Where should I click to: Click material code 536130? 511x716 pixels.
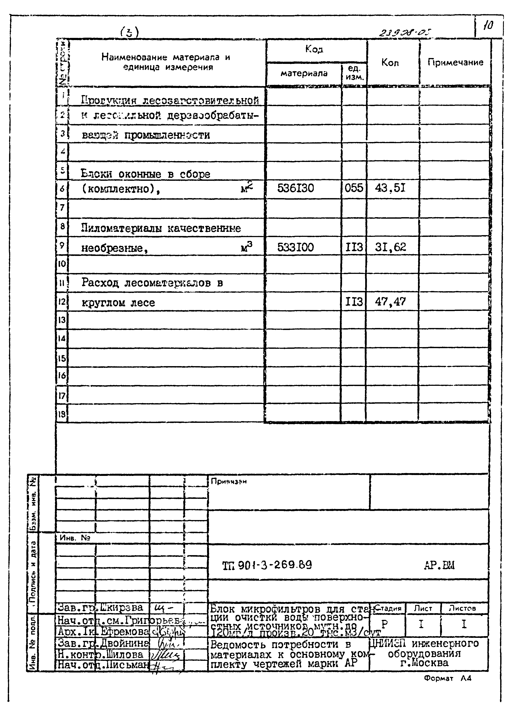click(295, 188)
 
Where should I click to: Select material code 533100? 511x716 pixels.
click(295, 247)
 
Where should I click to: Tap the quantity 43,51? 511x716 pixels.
click(390, 188)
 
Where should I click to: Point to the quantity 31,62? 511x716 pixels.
click(390, 247)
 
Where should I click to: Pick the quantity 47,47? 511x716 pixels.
click(390, 302)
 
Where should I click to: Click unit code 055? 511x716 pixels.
click(354, 188)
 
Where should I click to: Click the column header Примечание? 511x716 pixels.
click(455, 62)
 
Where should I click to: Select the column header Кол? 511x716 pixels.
click(390, 63)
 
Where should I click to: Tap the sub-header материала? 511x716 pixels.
click(304, 73)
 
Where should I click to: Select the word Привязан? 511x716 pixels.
click(228, 482)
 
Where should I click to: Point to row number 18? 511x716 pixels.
click(62, 414)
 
